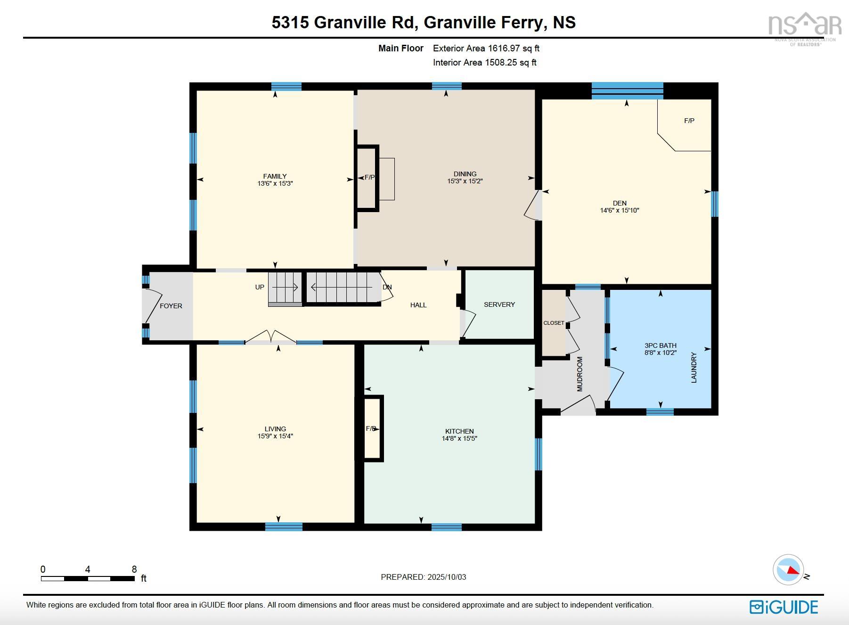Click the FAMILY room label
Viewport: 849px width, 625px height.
(x=275, y=176)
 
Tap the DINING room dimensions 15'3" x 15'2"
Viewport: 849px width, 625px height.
(x=465, y=181)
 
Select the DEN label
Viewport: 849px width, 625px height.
(x=620, y=203)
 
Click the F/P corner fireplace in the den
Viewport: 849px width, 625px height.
(x=689, y=121)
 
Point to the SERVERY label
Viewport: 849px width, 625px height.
(x=499, y=304)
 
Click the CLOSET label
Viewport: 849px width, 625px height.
(x=554, y=323)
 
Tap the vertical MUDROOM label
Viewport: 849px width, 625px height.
(x=580, y=374)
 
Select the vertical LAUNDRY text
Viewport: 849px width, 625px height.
(x=694, y=367)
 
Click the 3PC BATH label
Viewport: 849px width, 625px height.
(x=661, y=345)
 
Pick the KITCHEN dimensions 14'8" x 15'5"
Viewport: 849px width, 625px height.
(x=459, y=438)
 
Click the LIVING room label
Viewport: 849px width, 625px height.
(x=275, y=429)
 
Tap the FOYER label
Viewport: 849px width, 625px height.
(x=171, y=306)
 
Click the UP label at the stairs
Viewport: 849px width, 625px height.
(x=260, y=287)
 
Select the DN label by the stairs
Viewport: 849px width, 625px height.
(x=387, y=287)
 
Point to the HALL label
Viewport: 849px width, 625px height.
(x=418, y=305)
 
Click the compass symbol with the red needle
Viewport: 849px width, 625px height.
(x=788, y=570)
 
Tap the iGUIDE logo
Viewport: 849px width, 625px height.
(x=784, y=607)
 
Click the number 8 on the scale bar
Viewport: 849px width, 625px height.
(x=134, y=569)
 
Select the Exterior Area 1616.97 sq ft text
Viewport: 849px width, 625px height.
(x=486, y=48)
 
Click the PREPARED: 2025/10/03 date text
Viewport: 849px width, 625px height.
(x=423, y=577)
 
